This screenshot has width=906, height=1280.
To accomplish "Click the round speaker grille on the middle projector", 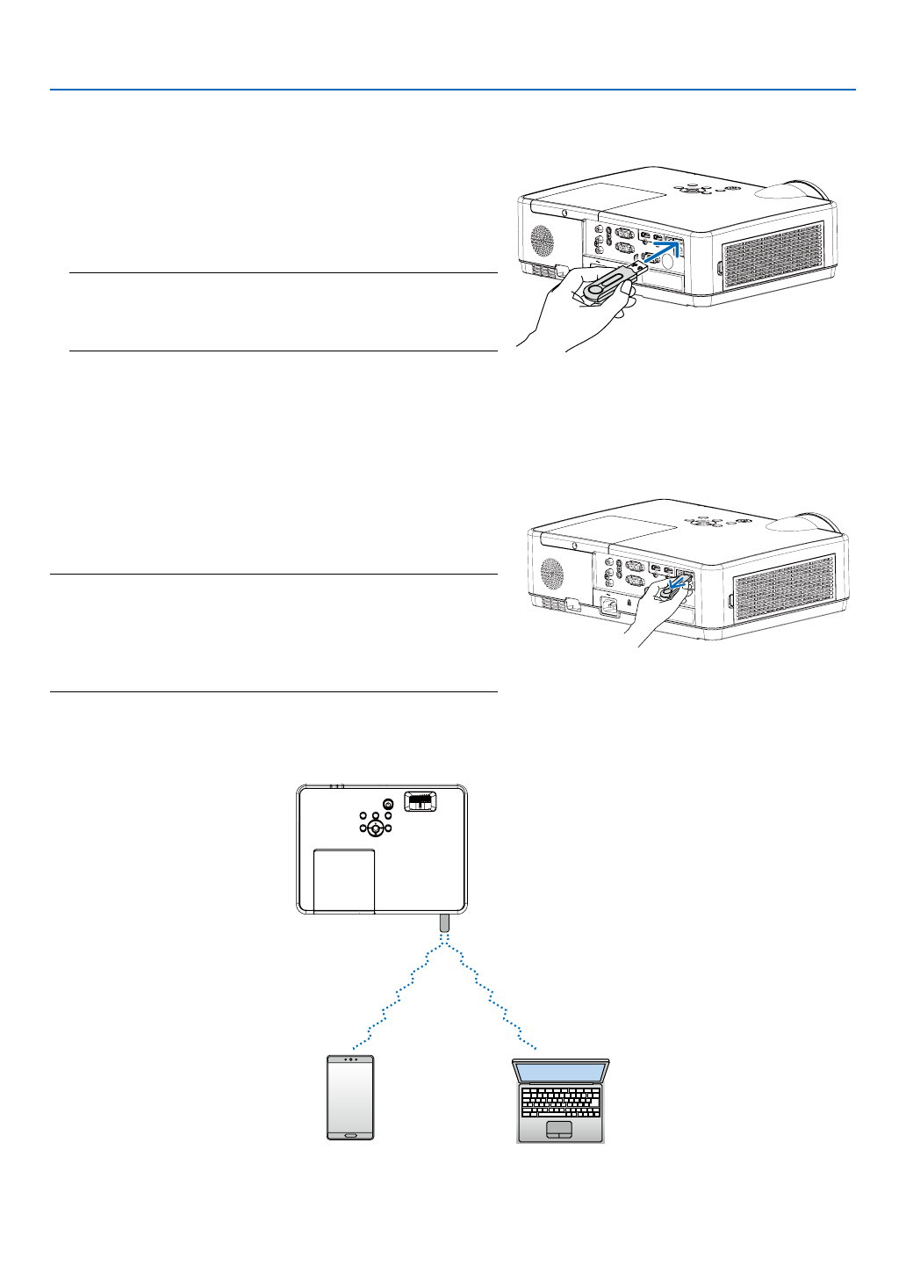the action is (552, 573).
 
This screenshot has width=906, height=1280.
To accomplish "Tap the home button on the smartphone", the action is (350, 1134).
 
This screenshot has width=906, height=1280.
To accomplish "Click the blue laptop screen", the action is (560, 1072).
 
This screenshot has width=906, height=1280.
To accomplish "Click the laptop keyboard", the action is (560, 1103).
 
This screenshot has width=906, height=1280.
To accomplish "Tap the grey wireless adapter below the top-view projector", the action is (444, 923).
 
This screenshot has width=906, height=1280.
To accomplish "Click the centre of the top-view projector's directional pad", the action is (375, 827).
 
